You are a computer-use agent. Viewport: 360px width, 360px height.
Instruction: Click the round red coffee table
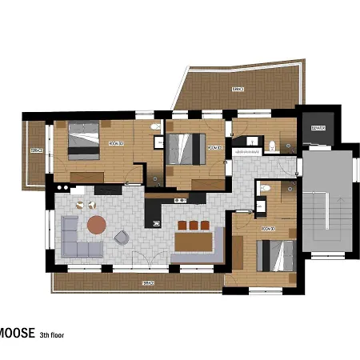coord(96,224)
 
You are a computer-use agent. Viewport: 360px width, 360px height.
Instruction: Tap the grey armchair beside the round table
coord(122,237)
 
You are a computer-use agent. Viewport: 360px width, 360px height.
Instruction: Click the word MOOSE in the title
coord(16,334)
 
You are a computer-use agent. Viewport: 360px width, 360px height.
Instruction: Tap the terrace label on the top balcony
coord(238,88)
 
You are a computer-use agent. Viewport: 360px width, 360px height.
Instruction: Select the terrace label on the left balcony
coord(35,150)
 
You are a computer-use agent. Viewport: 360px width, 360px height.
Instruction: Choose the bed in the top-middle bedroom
coord(186,148)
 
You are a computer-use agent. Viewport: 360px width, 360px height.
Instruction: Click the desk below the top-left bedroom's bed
coord(86,175)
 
